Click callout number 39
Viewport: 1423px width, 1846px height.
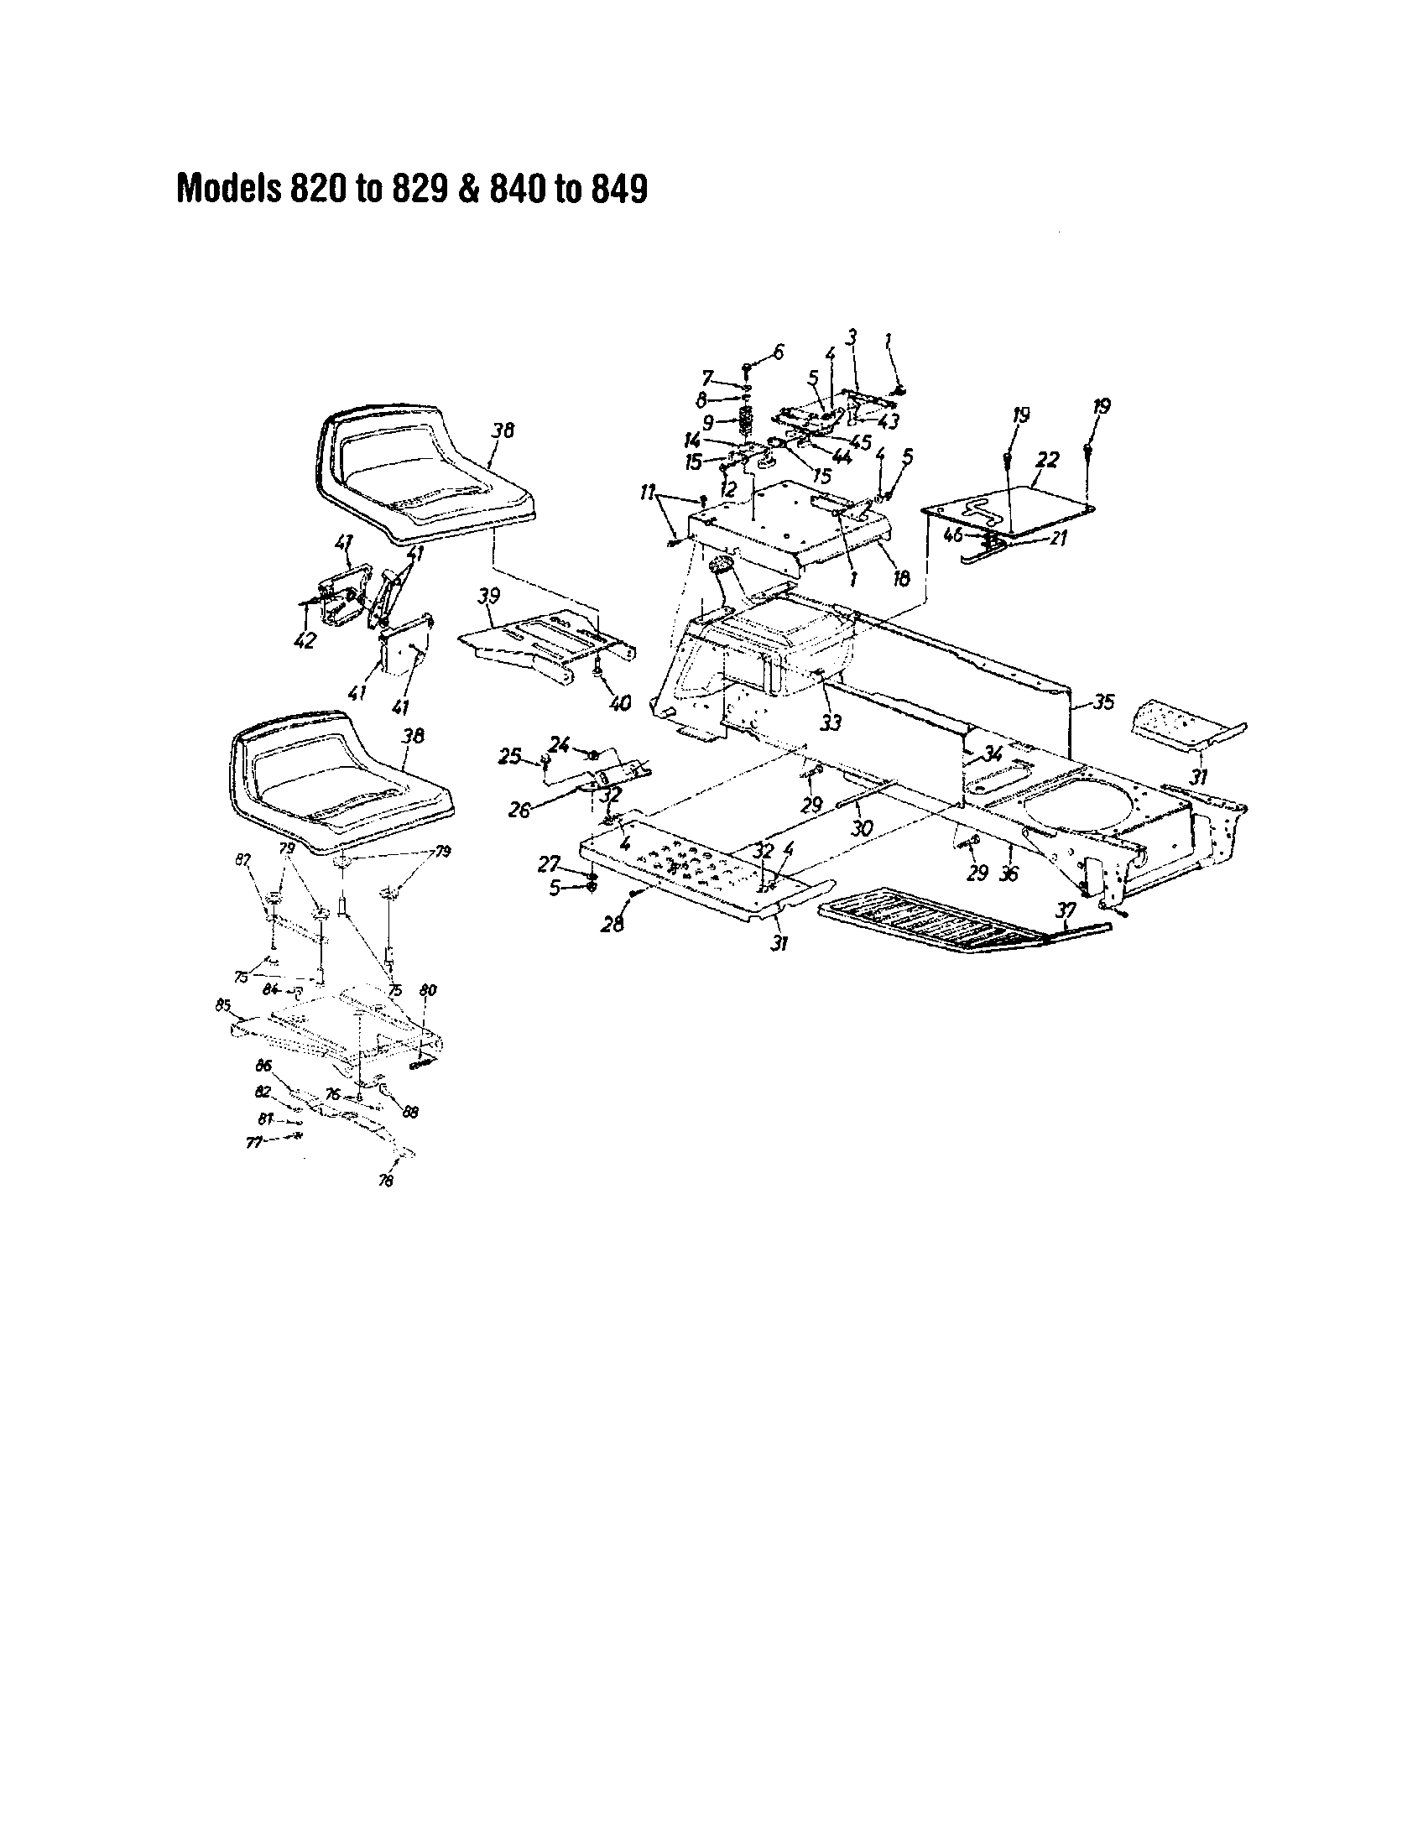tap(488, 597)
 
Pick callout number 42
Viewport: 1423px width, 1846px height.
tap(305, 640)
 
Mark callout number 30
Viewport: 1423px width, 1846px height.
tap(861, 829)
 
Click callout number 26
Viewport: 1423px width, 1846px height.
tap(519, 810)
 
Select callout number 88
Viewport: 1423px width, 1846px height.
tap(410, 1113)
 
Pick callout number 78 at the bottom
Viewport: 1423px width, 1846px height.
tap(386, 1181)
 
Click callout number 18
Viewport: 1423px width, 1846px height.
tap(902, 578)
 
